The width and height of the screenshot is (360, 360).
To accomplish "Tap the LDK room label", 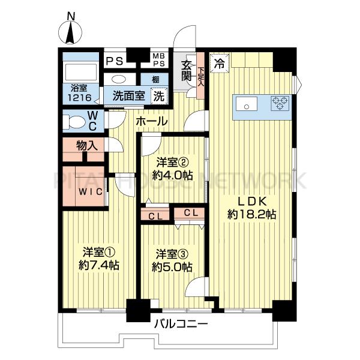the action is click(x=252, y=202).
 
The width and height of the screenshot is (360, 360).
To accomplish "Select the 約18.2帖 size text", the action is click(x=252, y=215).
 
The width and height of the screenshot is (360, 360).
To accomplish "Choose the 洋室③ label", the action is click(x=172, y=254).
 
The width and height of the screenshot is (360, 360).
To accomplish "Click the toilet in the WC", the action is click(x=73, y=122).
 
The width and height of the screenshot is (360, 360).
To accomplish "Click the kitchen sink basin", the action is click(x=247, y=104).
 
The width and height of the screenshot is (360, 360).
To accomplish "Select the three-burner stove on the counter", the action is click(x=280, y=103).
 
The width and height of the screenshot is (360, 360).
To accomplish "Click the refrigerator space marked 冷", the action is click(x=220, y=63).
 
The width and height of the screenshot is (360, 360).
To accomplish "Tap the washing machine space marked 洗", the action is click(x=159, y=96).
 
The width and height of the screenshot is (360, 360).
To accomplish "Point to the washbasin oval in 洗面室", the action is click(x=119, y=79).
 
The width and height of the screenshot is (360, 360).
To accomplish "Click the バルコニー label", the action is click(x=181, y=324).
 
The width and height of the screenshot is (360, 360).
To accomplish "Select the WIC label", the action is click(x=91, y=192).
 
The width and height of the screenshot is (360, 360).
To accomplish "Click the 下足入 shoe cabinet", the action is click(x=200, y=76).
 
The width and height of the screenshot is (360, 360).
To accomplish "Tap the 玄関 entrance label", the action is click(x=186, y=71).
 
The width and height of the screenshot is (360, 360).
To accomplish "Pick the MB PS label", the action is click(x=159, y=59).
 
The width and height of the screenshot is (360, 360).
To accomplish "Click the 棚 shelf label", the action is click(x=155, y=80).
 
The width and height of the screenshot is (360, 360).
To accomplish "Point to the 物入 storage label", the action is click(x=87, y=146).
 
